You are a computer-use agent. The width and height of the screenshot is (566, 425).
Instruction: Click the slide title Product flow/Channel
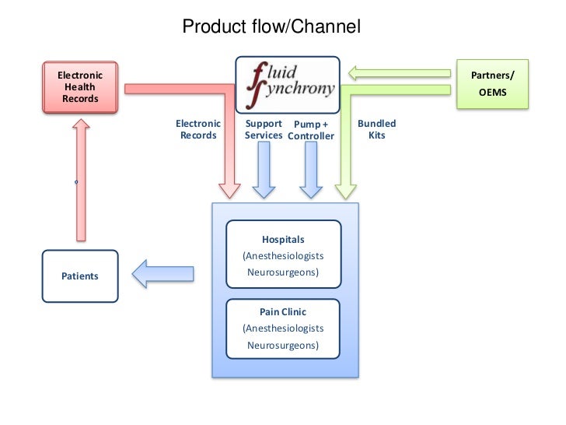pyautogui.click(x=271, y=27)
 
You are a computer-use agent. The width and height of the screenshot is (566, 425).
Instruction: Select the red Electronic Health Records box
pyautogui.click(x=80, y=86)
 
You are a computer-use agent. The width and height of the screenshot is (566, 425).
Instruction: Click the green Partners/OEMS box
pyautogui.click(x=492, y=84)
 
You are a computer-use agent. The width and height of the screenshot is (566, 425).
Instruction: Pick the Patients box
pyautogui.click(x=80, y=276)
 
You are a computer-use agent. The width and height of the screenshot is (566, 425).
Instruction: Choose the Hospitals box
pyautogui.click(x=283, y=255)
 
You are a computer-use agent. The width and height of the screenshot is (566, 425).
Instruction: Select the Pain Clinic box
pyautogui.click(x=283, y=328)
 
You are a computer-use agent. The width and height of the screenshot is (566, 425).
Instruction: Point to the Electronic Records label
pyautogui.click(x=198, y=129)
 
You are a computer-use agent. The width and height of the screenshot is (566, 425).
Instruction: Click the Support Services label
pyautogui.click(x=264, y=129)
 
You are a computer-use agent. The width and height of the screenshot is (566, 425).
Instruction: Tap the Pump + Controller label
pyautogui.click(x=311, y=130)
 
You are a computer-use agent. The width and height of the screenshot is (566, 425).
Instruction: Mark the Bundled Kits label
pyautogui.click(x=376, y=129)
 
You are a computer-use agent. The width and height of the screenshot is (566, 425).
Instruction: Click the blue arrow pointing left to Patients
pyautogui.click(x=162, y=273)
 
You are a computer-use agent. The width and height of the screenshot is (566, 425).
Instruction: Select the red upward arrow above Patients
pyautogui.click(x=80, y=179)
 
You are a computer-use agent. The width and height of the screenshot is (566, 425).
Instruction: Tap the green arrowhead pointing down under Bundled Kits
pyautogui.click(x=346, y=189)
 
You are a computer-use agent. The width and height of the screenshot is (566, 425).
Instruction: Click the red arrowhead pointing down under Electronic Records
pyautogui.click(x=230, y=189)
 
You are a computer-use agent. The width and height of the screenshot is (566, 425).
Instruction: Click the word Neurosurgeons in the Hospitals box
pyautogui.click(x=283, y=272)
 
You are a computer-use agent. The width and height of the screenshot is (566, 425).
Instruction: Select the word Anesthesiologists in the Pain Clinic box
pyautogui.click(x=283, y=328)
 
